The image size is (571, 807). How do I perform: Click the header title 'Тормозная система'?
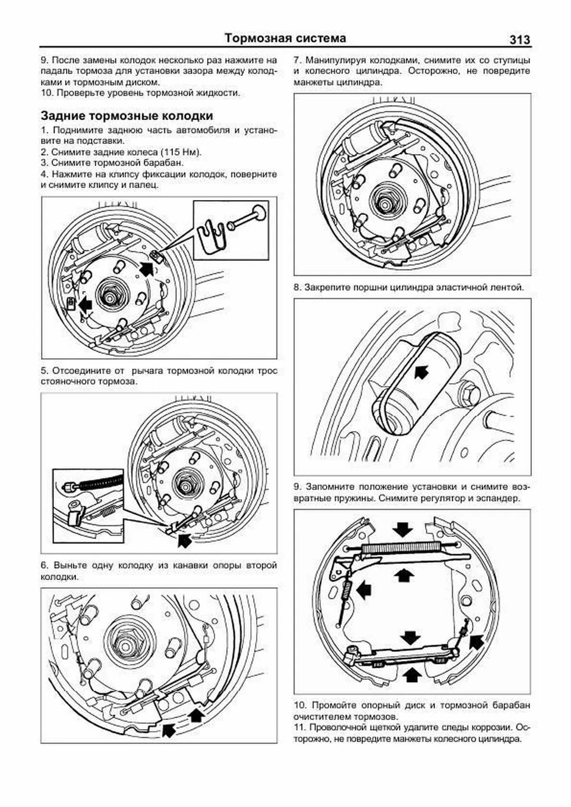(285, 38)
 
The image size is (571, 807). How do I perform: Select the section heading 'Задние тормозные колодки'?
(127, 116)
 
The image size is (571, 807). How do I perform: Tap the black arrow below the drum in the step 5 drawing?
(184, 539)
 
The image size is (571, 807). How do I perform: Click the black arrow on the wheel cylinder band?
(421, 371)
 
